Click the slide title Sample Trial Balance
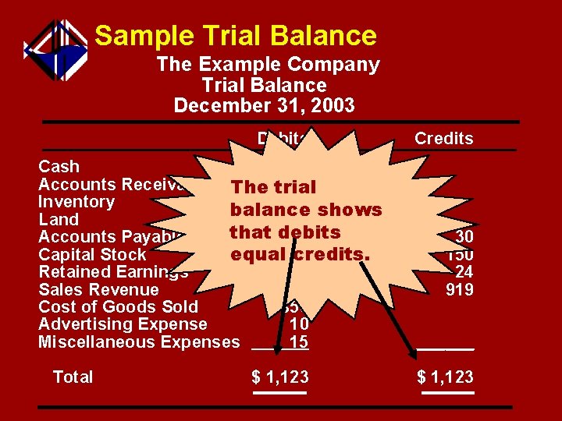[x=236, y=35]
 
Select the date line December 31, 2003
[x=264, y=104]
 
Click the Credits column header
[x=443, y=139]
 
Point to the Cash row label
[x=59, y=166]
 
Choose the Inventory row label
[x=76, y=202]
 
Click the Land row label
[x=59, y=220]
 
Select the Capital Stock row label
[x=92, y=255]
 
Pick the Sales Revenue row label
[x=98, y=290]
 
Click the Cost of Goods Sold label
[x=118, y=307]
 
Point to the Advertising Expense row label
[x=123, y=324]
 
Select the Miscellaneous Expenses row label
[x=139, y=342]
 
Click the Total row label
[x=73, y=377]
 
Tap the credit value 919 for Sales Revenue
[x=459, y=290]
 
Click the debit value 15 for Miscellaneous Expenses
[x=298, y=342]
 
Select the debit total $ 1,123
[x=280, y=377]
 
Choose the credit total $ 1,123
[x=446, y=377]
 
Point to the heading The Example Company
[x=268, y=65]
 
